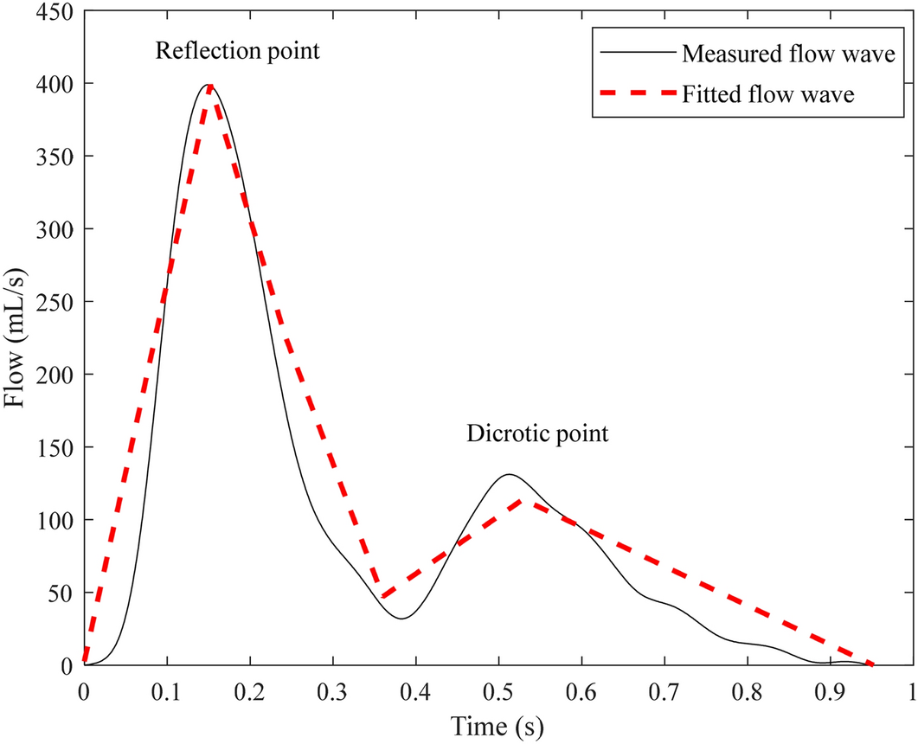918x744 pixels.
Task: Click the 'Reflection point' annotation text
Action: [237, 51]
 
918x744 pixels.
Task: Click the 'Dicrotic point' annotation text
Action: [537, 433]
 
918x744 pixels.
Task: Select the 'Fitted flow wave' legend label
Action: [767, 94]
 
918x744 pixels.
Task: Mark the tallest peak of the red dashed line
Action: [210, 85]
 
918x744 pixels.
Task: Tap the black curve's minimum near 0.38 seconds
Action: [401, 619]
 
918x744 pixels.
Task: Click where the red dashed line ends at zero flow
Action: [872, 664]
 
